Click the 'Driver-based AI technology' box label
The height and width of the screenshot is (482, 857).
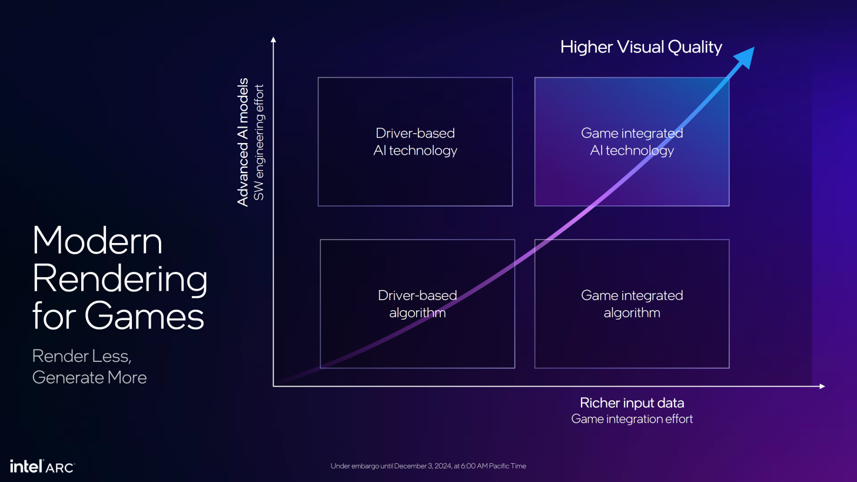[x=415, y=142]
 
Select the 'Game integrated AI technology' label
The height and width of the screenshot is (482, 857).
[x=632, y=142]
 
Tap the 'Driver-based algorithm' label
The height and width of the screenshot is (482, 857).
[x=417, y=304]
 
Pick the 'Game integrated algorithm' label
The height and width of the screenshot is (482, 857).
[x=632, y=304]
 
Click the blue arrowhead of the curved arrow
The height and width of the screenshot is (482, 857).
[x=745, y=57]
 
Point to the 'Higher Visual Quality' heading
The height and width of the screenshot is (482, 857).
[x=641, y=48]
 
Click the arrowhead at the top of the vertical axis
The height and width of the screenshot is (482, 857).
[x=273, y=39]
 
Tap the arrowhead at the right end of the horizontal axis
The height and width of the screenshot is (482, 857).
[x=822, y=386]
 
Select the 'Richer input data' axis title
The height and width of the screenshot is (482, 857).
[x=632, y=403]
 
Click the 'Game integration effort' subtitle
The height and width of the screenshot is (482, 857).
[x=632, y=419]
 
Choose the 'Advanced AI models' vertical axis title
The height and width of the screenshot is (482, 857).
[x=243, y=142]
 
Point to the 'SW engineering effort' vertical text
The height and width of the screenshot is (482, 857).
[x=259, y=142]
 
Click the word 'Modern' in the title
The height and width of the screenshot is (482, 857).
[x=97, y=241]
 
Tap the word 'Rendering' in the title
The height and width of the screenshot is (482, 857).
[x=119, y=279]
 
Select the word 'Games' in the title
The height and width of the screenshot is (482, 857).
[x=144, y=316]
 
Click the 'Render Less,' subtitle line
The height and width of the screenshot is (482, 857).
[x=82, y=357]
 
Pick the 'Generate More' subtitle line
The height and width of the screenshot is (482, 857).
[x=89, y=378]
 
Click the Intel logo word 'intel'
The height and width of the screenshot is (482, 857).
[x=26, y=466]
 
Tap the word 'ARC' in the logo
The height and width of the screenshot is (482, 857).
[x=59, y=467]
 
